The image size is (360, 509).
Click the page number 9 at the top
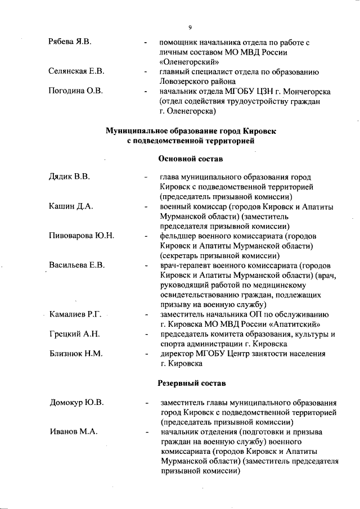click(190, 26)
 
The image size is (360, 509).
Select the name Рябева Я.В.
click(70, 42)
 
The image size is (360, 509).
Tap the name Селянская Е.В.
click(76, 71)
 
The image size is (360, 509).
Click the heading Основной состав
click(191, 159)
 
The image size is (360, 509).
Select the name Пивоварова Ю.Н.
click(82, 236)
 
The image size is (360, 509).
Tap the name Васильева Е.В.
click(77, 265)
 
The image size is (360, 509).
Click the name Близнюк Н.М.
click(75, 354)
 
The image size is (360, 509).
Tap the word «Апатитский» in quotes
click(294, 324)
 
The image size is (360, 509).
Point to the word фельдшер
click(179, 236)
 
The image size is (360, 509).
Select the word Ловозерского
click(187, 82)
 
